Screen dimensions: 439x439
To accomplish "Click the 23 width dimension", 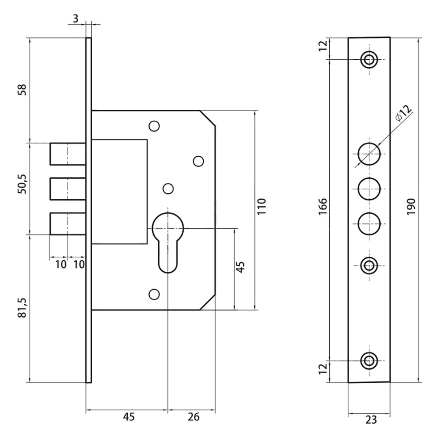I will (371, 420).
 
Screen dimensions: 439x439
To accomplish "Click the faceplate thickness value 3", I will (76, 19).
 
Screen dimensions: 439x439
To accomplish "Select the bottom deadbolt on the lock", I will (67, 224).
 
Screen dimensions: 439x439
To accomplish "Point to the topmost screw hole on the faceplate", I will (369, 59).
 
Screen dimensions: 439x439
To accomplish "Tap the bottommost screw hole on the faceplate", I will (369, 360).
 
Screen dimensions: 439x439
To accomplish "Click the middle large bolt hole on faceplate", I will (369, 189).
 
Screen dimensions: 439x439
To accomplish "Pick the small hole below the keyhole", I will (154, 294).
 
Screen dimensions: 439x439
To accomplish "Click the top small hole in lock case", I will (154, 126).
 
